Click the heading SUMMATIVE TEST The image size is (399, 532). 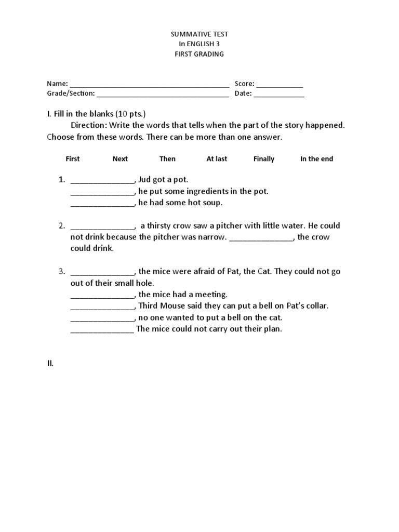pyautogui.click(x=199, y=34)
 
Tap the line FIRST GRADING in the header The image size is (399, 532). pyautogui.click(x=199, y=54)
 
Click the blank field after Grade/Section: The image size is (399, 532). pyautogui.click(x=163, y=95)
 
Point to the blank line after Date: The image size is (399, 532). pyautogui.click(x=279, y=95)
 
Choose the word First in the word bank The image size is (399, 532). pyautogui.click(x=73, y=159)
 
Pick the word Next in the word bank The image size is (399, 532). pyautogui.click(x=120, y=159)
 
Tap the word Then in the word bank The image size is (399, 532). pyautogui.click(x=167, y=159)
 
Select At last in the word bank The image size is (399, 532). pyautogui.click(x=217, y=159)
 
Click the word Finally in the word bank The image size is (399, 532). pyautogui.click(x=263, y=159)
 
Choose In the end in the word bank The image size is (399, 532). pyautogui.click(x=316, y=159)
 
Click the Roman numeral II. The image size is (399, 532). pyautogui.click(x=50, y=364)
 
